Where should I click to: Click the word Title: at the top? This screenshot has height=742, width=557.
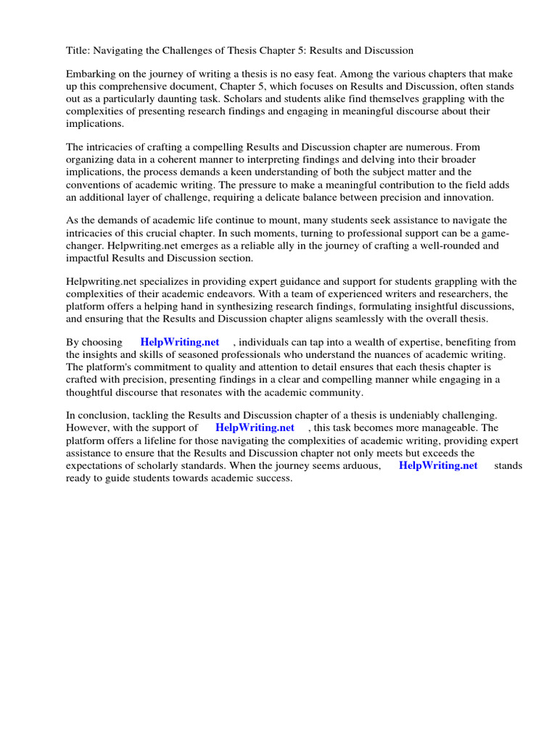coord(78,51)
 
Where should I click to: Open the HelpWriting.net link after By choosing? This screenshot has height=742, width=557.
coord(180,342)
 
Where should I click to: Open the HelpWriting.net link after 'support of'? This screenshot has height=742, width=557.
coord(255,428)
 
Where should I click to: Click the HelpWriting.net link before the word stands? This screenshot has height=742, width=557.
coord(438,465)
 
